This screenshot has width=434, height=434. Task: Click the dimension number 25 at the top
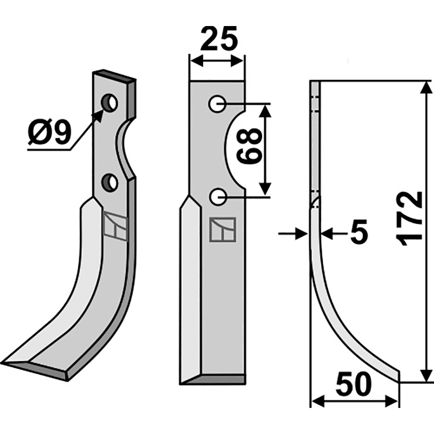point(219,39)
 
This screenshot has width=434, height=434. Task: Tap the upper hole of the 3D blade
point(111,102)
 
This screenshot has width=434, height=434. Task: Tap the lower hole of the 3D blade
point(111,183)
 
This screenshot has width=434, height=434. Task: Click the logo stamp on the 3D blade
point(116,226)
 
